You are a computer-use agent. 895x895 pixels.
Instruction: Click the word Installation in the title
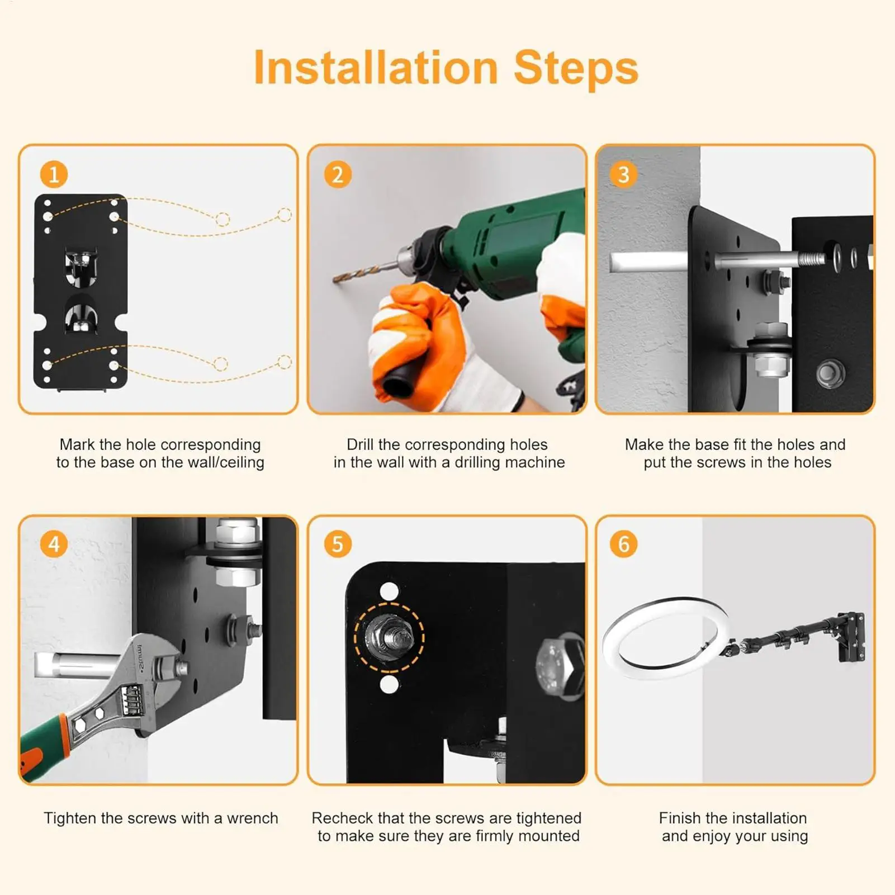point(376,68)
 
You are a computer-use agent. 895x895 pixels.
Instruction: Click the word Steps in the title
point(576,69)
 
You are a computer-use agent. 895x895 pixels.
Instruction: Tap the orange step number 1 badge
point(54,175)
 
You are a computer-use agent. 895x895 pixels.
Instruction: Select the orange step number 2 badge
point(338,175)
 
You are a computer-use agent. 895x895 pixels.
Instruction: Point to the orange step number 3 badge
point(623,175)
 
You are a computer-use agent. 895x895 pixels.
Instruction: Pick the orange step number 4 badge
point(54,544)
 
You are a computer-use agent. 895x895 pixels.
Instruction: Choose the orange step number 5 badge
point(338,544)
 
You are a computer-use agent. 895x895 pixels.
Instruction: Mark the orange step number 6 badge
point(623,544)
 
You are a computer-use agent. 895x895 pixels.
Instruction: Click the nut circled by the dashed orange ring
point(390,638)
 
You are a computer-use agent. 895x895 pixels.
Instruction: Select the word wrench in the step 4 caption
point(252,818)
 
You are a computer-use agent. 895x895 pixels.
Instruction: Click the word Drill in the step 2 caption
point(360,444)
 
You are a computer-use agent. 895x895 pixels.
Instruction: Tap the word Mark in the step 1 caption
point(77,444)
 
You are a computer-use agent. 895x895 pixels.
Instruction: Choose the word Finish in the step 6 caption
point(680,818)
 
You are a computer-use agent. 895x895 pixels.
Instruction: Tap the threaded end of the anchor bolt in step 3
point(811,259)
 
